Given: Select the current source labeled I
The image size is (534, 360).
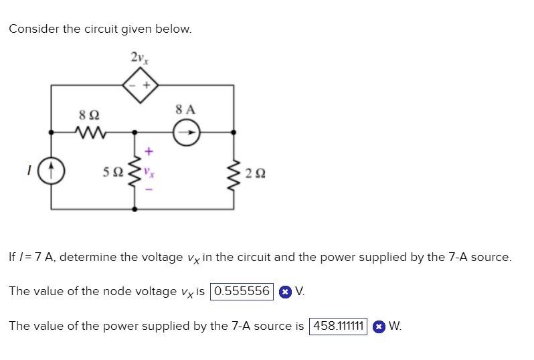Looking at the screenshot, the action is [x=51, y=171].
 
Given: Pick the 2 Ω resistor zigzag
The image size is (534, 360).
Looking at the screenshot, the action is [x=234, y=173].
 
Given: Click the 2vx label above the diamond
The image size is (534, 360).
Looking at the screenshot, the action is [x=140, y=58].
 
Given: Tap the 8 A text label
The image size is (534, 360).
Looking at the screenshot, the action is [x=185, y=110].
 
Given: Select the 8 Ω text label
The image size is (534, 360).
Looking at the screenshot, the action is [x=89, y=115].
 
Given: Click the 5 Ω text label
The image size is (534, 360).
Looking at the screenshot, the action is [x=113, y=172].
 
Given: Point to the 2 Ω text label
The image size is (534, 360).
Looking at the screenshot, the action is [x=256, y=173].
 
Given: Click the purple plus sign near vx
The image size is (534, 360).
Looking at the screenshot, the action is [x=149, y=151].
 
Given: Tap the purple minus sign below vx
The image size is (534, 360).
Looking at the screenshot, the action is [x=149, y=189].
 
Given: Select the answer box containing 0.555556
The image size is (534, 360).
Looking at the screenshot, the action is [x=242, y=292].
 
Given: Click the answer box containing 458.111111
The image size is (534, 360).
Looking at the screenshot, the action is [x=338, y=327].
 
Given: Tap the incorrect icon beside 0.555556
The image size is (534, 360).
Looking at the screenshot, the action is [x=285, y=292].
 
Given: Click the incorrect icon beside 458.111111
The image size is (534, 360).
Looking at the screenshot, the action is [x=379, y=327].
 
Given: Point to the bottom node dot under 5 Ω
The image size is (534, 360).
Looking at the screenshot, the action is [x=135, y=209].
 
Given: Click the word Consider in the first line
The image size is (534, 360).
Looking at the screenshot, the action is [x=34, y=29].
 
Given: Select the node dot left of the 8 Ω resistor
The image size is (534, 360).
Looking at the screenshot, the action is [x=51, y=132].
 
